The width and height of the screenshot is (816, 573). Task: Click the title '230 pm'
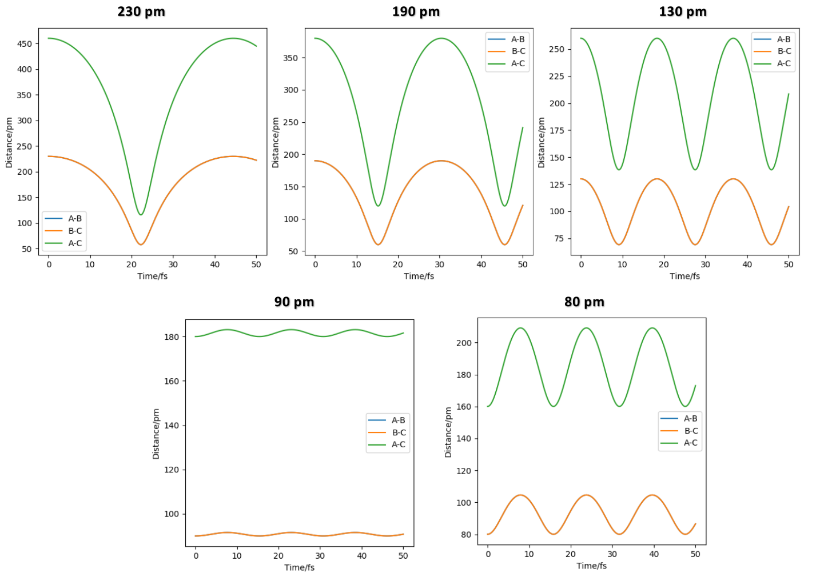141,12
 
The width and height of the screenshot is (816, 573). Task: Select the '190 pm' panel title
416,12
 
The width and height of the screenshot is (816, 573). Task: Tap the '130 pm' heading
683,12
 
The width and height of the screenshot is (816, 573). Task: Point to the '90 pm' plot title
294,302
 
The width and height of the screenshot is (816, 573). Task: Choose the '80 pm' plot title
584,302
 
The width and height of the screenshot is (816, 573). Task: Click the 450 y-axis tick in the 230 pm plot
25,44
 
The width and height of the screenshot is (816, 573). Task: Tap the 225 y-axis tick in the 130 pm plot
556,77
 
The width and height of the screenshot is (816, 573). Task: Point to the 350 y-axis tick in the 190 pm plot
290,58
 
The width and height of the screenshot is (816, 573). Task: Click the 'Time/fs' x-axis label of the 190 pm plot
419,277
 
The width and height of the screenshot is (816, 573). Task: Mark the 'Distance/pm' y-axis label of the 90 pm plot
156,434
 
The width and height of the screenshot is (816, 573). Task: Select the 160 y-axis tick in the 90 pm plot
172,381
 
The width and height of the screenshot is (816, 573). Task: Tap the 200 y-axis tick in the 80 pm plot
464,343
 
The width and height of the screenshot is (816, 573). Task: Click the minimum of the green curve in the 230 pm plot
141,215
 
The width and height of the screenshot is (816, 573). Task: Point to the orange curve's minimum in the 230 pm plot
141,245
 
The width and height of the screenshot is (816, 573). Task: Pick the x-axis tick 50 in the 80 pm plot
695,554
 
